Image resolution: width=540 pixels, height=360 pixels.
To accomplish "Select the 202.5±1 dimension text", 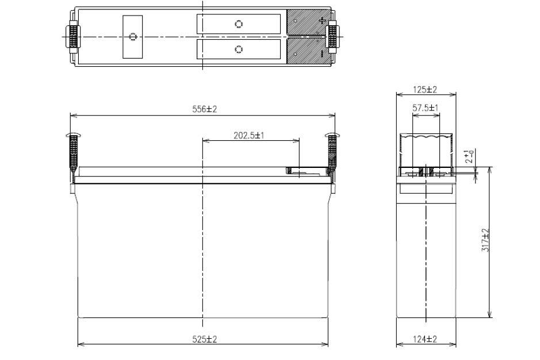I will [x=249, y=135].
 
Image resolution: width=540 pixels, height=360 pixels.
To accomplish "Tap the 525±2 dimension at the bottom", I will [x=205, y=339].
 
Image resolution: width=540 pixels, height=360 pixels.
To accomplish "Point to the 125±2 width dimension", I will [x=426, y=90].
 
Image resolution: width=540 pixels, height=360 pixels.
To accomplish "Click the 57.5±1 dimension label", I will [x=426, y=108].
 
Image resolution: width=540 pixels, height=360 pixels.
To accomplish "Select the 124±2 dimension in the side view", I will [x=426, y=339].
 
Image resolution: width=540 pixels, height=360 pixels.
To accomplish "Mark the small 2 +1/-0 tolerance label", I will [x=470, y=156].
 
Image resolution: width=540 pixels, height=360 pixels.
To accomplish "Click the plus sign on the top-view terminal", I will [x=321, y=21].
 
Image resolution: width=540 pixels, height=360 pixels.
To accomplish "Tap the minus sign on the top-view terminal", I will [x=321, y=53].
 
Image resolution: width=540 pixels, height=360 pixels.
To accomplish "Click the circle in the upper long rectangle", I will [x=239, y=24].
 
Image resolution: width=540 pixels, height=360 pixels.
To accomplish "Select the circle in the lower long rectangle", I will [x=239, y=49].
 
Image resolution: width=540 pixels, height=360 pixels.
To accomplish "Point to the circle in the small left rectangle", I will [x=133, y=37].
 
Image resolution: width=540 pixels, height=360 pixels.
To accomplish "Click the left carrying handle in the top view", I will [x=72, y=36].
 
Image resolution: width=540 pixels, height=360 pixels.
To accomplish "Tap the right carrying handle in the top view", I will [x=332, y=36].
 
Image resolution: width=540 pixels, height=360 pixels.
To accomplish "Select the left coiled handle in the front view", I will [x=72, y=152].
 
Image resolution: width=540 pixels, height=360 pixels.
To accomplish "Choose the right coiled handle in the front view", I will [x=332, y=152].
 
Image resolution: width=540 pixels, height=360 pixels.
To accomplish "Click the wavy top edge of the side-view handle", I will [x=426, y=139].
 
